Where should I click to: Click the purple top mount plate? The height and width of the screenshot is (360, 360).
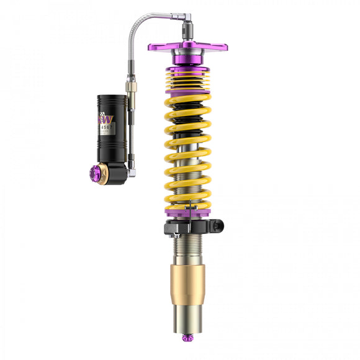(187, 46)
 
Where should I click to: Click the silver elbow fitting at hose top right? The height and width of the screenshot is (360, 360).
(185, 20)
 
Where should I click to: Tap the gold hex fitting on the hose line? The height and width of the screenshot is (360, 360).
(132, 86)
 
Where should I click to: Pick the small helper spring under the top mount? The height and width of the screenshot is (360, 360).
(187, 78)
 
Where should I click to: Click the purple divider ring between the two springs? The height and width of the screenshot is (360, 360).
(187, 92)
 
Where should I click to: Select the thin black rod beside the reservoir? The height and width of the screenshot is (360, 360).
(132, 130)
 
